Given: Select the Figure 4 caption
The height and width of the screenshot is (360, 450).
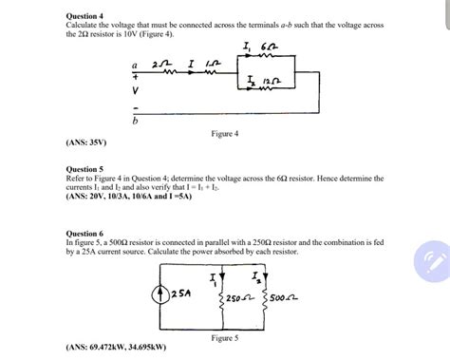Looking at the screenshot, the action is tap(224, 134).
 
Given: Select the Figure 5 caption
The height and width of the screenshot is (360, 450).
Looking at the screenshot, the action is tap(224, 337).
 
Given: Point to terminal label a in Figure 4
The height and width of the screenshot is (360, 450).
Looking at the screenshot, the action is tap(136, 64).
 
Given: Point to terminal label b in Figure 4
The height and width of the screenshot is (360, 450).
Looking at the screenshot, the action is tap(136, 123).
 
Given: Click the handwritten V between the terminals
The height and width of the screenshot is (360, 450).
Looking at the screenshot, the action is tap(136, 91).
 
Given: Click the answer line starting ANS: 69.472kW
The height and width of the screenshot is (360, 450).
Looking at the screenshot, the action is tap(119, 348).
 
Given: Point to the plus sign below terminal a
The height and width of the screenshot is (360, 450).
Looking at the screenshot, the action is tap(136, 75).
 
